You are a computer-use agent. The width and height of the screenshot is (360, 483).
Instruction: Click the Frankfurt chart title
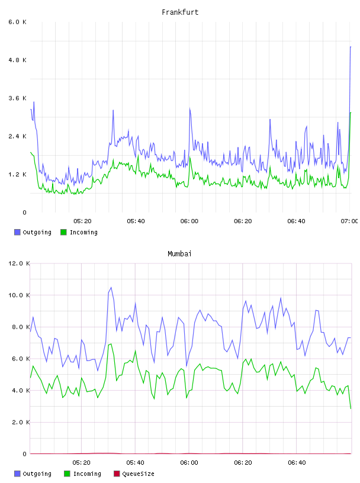tap(180, 12)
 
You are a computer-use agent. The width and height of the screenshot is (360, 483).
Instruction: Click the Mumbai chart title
tap(179, 254)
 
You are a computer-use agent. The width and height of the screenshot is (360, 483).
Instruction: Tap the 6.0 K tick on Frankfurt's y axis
tap(18, 22)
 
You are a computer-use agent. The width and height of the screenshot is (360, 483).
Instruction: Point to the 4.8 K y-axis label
tap(18, 60)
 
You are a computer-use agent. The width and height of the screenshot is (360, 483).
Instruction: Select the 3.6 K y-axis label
tap(18, 98)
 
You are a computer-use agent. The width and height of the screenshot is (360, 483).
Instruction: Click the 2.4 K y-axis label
tap(18, 136)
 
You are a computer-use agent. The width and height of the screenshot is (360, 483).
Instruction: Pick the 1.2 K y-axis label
tap(18, 175)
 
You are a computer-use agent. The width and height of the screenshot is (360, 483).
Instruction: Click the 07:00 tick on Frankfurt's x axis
tap(349, 221)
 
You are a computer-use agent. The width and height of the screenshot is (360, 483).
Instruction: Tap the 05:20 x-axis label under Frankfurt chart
tap(82, 221)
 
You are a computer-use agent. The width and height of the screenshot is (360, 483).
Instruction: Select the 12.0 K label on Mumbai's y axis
tap(19, 263)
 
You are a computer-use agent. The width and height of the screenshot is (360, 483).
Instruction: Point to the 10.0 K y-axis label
tap(19, 295)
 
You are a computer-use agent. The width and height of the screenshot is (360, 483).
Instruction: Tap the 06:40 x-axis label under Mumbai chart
tap(297, 462)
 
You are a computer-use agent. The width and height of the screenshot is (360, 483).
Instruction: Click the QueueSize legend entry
tap(134, 474)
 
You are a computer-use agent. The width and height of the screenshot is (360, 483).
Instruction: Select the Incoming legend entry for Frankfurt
tap(79, 232)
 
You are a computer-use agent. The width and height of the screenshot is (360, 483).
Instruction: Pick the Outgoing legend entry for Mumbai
tap(33, 474)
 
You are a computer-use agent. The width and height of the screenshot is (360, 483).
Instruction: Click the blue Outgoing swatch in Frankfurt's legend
tap(17, 232)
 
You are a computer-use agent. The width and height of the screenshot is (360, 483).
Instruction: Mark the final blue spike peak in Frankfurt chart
tap(351, 47)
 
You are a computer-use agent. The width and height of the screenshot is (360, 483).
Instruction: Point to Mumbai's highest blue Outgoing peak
tap(111, 288)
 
